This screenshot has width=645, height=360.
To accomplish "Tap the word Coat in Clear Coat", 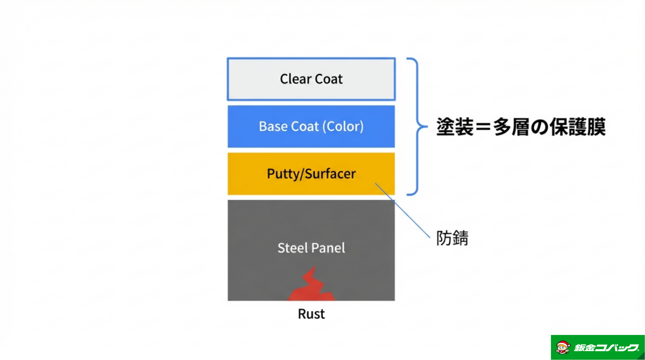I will (328, 79).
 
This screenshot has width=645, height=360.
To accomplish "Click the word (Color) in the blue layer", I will (343, 127).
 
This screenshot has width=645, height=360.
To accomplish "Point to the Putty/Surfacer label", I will (311, 174).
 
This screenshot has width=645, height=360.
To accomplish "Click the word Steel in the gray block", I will (291, 248).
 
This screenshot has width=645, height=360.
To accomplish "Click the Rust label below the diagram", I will (311, 314).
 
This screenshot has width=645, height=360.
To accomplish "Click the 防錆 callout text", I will (452, 238).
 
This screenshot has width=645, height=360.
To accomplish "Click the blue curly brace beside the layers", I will (417, 127).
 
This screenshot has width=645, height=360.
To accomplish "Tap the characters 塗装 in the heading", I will (455, 127).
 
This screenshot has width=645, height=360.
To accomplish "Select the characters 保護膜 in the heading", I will (577, 127).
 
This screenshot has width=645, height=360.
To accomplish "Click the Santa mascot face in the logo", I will (563, 348).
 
